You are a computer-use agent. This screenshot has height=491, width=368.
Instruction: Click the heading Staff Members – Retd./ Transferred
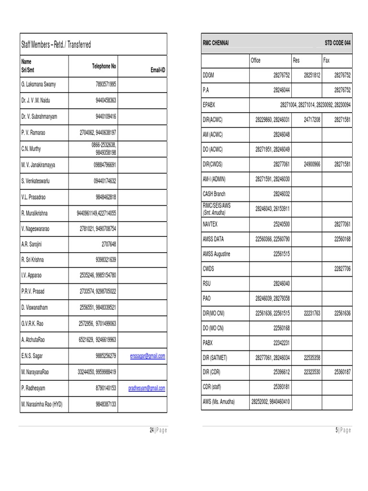coord(56,45)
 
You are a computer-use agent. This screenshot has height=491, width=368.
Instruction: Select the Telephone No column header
coord(104,66)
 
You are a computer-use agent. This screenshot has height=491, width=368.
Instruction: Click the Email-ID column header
coord(158,70)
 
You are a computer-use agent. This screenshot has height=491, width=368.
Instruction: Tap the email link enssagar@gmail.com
coord(148,356)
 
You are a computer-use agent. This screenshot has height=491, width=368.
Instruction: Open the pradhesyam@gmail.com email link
coord(147,388)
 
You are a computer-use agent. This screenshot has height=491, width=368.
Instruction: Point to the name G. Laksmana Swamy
coord(38,84)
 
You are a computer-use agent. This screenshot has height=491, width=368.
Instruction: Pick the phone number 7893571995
coord(106,84)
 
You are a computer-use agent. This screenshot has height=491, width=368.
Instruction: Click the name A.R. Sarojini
coord(32,244)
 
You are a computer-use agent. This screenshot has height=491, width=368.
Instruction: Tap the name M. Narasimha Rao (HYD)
coord(42,404)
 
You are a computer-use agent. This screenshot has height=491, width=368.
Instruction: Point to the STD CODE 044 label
coord(337,44)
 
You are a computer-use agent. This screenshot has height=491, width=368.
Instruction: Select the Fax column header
coord(326,60)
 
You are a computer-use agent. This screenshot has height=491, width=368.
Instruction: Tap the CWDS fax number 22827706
coord(342,269)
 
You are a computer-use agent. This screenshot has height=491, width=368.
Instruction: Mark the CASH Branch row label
coord(214,194)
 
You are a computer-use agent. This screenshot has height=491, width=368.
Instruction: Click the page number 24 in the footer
coord(151,430)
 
